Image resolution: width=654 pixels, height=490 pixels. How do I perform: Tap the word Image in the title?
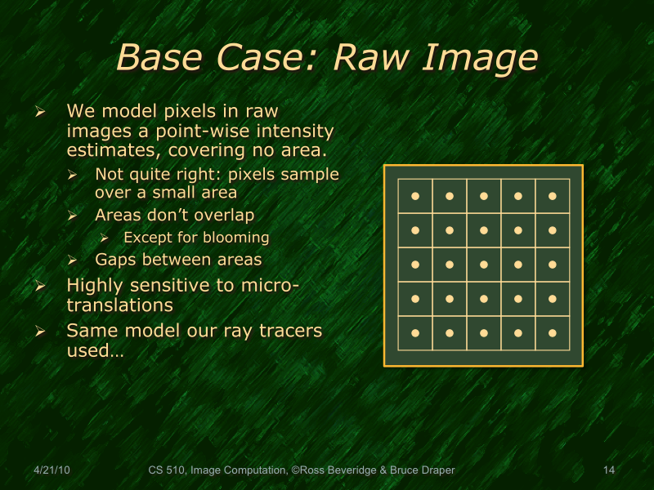click(x=481, y=57)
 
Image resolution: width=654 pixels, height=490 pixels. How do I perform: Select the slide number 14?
click(x=608, y=470)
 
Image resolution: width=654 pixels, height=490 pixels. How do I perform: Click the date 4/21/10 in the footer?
click(x=52, y=470)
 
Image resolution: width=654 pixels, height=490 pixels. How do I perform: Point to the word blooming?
click(x=237, y=238)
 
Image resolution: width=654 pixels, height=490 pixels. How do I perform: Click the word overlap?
click(x=224, y=216)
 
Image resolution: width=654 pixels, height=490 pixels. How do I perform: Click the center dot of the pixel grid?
click(x=483, y=265)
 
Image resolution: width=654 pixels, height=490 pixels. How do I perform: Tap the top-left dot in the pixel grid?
click(x=414, y=196)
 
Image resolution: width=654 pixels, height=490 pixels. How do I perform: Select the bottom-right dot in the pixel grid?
click(x=552, y=333)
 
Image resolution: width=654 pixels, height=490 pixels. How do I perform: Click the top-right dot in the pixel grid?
click(x=552, y=196)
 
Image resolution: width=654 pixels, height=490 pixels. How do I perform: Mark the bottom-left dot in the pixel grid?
click(x=414, y=333)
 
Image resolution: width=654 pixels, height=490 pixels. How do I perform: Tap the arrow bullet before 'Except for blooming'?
click(x=104, y=238)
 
